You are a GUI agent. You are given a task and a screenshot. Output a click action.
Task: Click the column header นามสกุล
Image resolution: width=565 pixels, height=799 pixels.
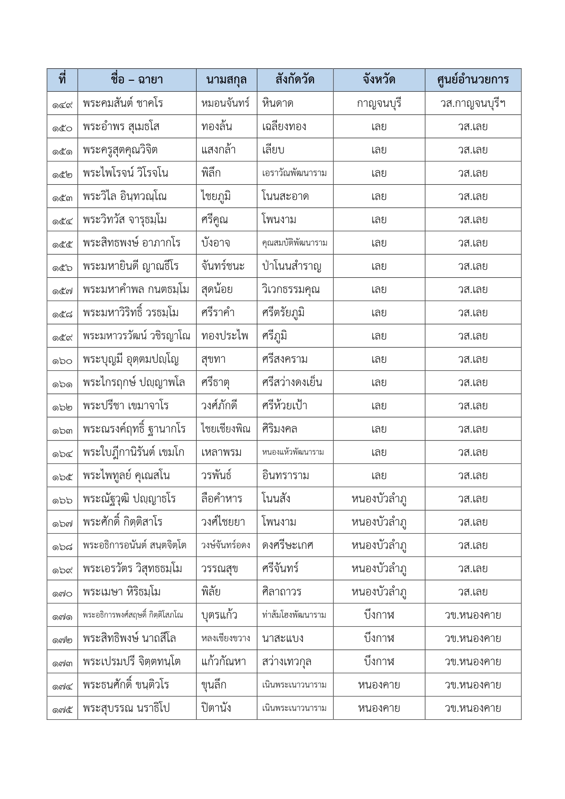pos(226,80)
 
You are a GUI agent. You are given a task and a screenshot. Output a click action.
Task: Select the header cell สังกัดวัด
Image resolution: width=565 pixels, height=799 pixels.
pos(295,80)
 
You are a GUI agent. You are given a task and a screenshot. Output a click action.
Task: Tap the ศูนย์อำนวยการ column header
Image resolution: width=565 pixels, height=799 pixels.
pos(472,80)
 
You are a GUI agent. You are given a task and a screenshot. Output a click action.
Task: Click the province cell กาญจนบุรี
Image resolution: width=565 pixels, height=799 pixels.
pos(379,103)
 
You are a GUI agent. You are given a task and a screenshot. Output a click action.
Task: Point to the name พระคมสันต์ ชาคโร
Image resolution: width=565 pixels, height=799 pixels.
pos(123,103)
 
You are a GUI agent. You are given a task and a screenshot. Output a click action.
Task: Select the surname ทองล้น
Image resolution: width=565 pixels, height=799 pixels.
pos(217,126)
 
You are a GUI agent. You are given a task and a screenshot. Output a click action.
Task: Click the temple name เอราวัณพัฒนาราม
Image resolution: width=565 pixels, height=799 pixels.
pos(294,173)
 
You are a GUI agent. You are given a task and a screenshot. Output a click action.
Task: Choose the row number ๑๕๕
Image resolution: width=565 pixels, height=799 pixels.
pos(62,244)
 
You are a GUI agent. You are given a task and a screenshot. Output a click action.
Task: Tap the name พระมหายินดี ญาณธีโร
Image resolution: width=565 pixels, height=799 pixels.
pos(131,266)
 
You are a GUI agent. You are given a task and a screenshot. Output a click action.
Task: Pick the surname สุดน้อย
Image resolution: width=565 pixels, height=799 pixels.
pos(217,289)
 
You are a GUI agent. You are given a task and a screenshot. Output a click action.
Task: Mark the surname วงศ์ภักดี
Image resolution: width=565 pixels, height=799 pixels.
pos(219,405)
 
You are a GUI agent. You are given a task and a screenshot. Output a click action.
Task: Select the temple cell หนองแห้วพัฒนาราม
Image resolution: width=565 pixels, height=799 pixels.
pos(293,452)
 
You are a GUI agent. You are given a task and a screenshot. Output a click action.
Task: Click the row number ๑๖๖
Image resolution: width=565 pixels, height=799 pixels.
pos(62,499)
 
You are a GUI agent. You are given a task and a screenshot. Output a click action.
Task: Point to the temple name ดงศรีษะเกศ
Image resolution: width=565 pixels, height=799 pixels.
pos(288,545)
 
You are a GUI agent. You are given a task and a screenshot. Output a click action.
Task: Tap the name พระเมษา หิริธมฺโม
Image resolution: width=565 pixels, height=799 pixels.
pos(122,592)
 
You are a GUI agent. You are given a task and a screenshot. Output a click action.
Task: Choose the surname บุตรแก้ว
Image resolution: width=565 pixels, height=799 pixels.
pos(219,615)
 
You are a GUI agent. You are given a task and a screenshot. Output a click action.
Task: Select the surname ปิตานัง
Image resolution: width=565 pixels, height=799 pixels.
pos(217,708)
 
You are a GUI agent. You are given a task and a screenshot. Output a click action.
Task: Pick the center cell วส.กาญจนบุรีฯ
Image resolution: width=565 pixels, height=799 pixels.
pos(472,103)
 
